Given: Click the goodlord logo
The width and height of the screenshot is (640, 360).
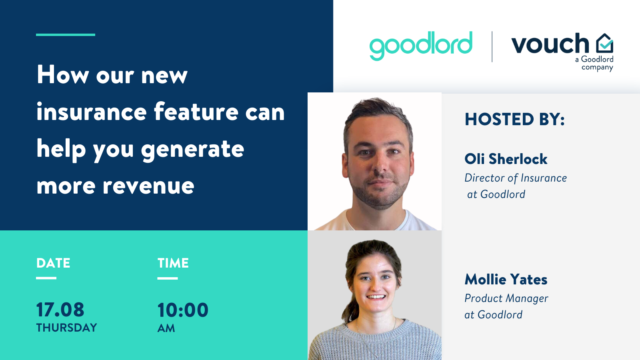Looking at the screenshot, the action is tap(421, 46).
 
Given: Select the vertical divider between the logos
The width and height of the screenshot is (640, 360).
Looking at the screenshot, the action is tap(492, 46).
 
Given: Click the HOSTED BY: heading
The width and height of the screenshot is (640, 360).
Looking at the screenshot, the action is tap(514, 119).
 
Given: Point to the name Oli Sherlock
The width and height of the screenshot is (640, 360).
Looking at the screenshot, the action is tap(506, 159).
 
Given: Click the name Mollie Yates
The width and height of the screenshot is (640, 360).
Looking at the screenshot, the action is tap(506, 279).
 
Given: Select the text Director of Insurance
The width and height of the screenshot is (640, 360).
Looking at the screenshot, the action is tap(516, 178).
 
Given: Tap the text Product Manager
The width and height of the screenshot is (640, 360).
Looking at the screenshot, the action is tap(506, 298).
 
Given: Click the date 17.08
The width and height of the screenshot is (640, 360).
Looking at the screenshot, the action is tap(60, 310).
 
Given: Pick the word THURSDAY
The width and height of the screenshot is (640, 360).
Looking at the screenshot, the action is tap(66, 328).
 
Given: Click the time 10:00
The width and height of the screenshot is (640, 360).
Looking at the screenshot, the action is tap(183, 310).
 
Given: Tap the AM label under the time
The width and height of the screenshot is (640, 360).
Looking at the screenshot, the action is tap(166, 328).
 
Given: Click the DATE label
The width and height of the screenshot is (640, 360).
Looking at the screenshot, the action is tap(53, 263).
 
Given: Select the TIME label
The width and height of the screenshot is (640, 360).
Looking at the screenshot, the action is tap(173, 263).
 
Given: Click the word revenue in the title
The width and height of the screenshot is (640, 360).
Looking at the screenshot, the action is tap(148, 186).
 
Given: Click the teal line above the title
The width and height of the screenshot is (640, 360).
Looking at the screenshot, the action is tap(66, 35).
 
